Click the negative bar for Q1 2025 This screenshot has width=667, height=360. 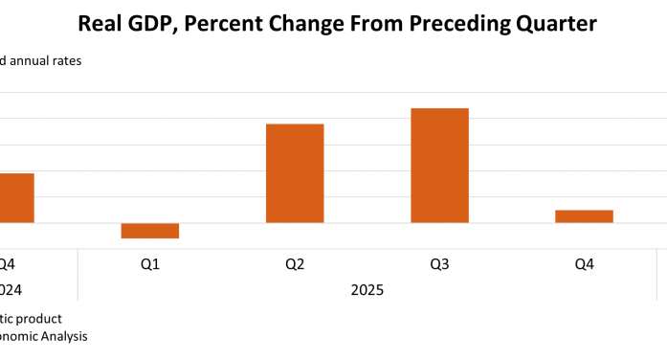pos(150,231)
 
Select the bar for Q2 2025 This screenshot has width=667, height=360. pos(295,173)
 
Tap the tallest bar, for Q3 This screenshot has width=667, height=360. pos(439,166)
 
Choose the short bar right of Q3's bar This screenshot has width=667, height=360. pos(584,216)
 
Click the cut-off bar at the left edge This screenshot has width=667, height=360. pos(16,198)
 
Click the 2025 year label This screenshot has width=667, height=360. pos(367,288)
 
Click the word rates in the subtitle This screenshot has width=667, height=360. pos(68,61)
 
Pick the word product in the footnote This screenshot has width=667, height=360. pos(39,318)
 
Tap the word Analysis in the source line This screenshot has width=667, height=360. pos(62,336)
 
